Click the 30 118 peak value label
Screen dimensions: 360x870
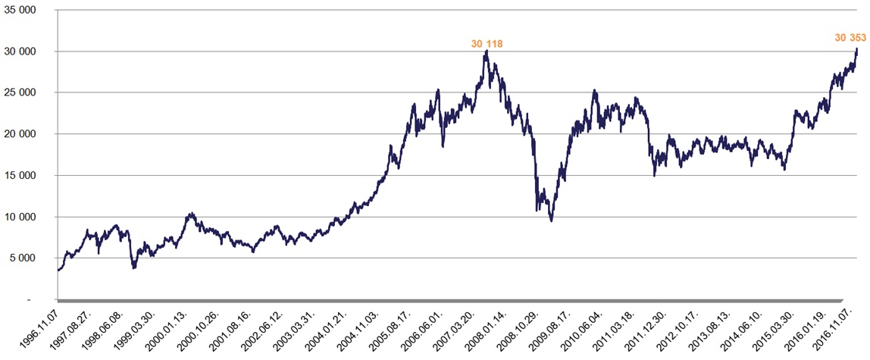(487, 44)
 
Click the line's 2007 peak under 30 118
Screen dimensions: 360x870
(486, 51)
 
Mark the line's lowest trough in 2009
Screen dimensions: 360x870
(551, 221)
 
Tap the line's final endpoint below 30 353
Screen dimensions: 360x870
(857, 49)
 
